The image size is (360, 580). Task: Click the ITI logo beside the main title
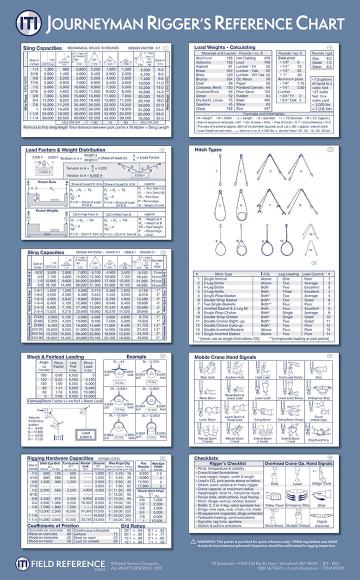(x=25, y=22)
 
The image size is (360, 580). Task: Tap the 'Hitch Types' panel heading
(x=207, y=150)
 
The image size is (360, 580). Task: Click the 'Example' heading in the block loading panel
(x=136, y=357)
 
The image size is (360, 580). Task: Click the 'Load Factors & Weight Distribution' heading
(x=67, y=150)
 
